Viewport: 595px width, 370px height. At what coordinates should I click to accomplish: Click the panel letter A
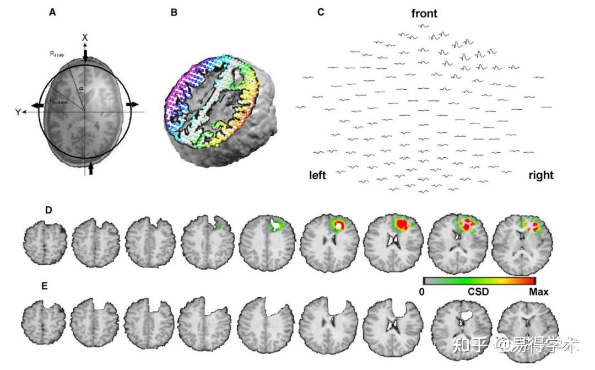click(52, 12)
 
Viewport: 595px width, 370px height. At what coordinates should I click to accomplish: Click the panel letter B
click(174, 12)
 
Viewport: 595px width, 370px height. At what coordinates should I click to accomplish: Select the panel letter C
click(321, 12)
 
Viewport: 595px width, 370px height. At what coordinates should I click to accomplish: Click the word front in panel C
click(424, 13)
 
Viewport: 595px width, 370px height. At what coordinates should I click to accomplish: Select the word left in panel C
click(317, 175)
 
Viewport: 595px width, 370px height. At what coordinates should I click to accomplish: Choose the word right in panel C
click(540, 175)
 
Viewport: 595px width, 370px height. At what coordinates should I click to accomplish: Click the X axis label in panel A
click(85, 37)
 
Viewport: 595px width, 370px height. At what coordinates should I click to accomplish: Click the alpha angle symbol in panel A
click(82, 88)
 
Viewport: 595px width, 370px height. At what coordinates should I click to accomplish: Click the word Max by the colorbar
click(538, 292)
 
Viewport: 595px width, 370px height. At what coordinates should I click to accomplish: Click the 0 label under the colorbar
click(421, 292)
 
